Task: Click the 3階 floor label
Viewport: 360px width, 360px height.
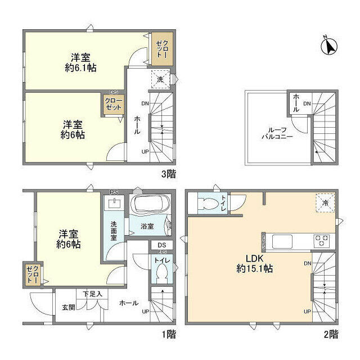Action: coord(168,174)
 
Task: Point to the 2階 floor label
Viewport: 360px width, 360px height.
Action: coord(331,334)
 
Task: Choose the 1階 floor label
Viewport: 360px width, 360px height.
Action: coord(168,334)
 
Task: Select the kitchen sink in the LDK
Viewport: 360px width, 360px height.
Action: coord(282,241)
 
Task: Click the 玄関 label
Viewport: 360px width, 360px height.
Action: coord(69,307)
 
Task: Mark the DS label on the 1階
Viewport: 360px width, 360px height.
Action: coord(161,245)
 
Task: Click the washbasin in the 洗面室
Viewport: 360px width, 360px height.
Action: coord(117,202)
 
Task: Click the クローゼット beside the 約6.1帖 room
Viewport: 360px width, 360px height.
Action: coord(161,48)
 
